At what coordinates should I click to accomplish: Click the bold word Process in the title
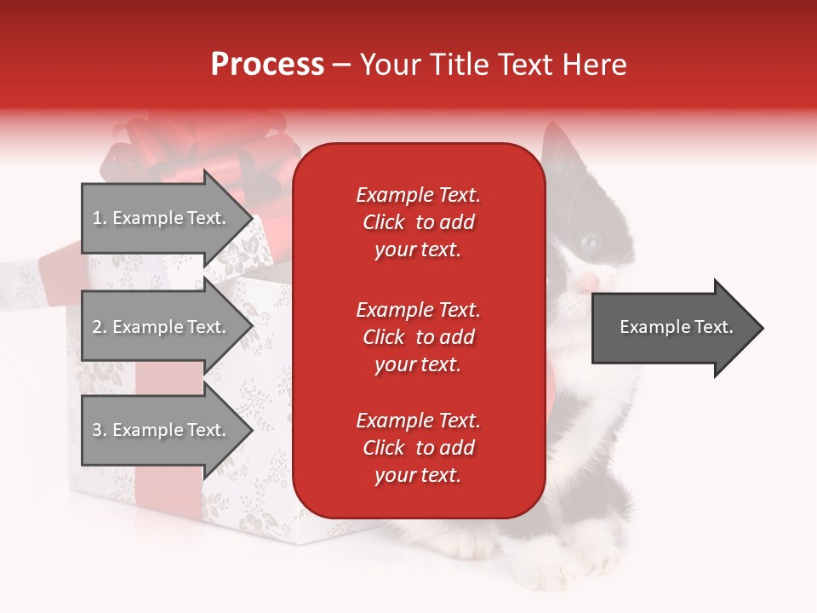tap(267, 65)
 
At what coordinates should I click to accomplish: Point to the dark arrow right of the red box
tap(677, 328)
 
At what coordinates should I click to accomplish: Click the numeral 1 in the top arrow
tap(96, 218)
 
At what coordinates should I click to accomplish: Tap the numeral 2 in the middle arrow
tap(96, 327)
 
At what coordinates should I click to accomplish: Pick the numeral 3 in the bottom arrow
tap(96, 430)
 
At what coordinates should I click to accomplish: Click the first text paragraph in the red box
tap(418, 222)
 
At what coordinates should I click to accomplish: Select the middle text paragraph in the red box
tap(418, 337)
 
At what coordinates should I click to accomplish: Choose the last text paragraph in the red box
tap(418, 448)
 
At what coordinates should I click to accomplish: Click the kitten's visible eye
tap(591, 242)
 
